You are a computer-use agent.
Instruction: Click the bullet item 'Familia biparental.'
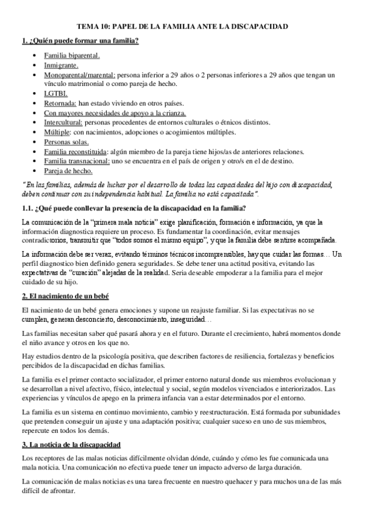pyautogui.click(x=68, y=55)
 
